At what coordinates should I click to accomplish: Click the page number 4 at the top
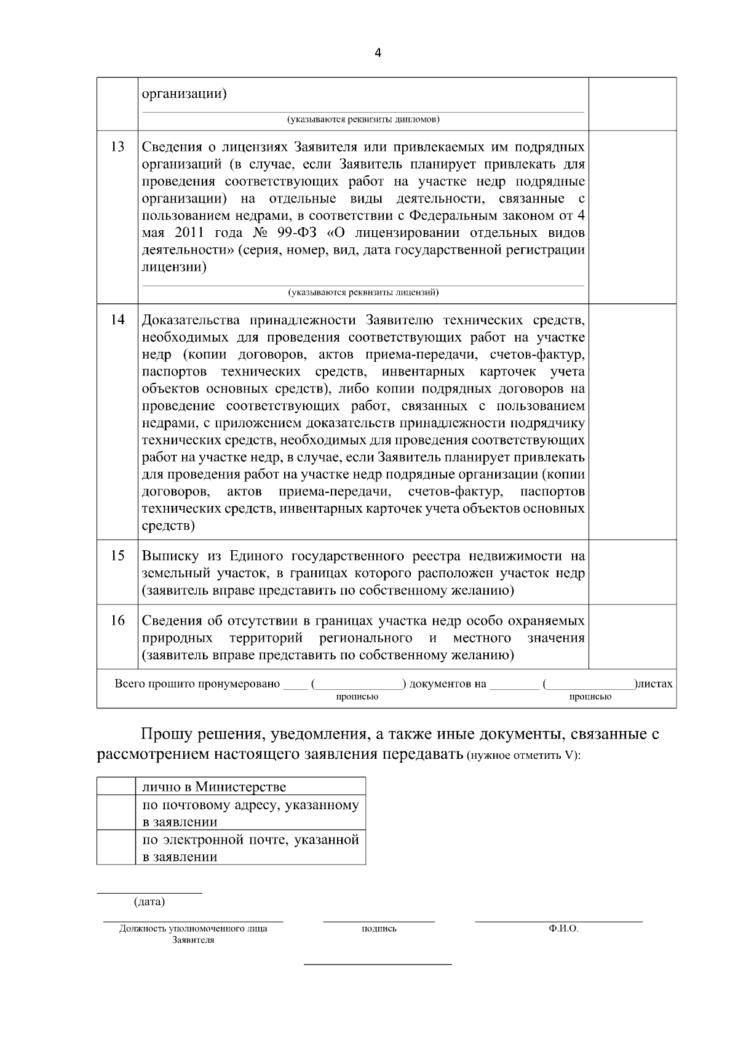tap(377, 53)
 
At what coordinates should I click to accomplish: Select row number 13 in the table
tap(117, 147)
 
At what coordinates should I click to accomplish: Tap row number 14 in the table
tap(117, 320)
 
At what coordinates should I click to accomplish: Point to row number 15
tap(117, 556)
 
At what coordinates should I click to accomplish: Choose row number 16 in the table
tap(117, 620)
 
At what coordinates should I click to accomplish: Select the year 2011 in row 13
tap(189, 234)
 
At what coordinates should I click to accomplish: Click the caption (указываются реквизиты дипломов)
tap(363, 119)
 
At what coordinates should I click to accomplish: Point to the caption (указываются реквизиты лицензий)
tap(363, 292)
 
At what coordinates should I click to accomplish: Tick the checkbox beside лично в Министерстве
tap(116, 786)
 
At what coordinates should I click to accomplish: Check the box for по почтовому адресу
tap(116, 812)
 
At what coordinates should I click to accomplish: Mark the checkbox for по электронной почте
tap(116, 847)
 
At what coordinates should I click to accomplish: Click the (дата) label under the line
tap(149, 902)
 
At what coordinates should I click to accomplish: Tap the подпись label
tap(379, 929)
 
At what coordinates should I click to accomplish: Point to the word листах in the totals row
tap(656, 684)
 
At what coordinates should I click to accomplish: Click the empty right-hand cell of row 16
tap(632, 638)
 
